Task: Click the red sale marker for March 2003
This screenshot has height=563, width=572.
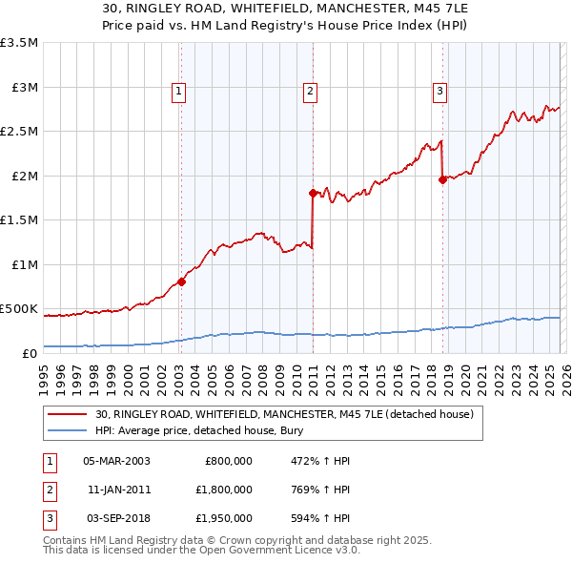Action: [x=181, y=281]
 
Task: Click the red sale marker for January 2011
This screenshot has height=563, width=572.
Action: [x=313, y=193]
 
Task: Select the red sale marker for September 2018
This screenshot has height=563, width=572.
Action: [x=442, y=179]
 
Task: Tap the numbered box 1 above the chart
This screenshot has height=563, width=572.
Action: [x=179, y=92]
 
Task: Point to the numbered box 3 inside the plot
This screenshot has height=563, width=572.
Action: [x=439, y=92]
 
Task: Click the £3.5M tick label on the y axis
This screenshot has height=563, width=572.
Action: [x=19, y=43]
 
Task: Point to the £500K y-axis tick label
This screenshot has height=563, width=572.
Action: [x=19, y=309]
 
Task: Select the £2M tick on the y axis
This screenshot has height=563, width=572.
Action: [x=23, y=176]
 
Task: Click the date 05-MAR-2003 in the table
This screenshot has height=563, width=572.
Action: [x=116, y=460]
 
